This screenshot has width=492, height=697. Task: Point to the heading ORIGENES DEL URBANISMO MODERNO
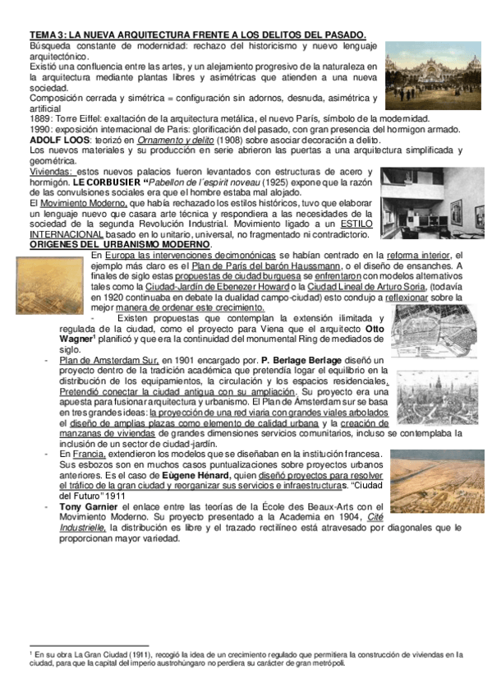pos(120,245)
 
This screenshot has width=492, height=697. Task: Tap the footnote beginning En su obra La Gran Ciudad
pos(246,658)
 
